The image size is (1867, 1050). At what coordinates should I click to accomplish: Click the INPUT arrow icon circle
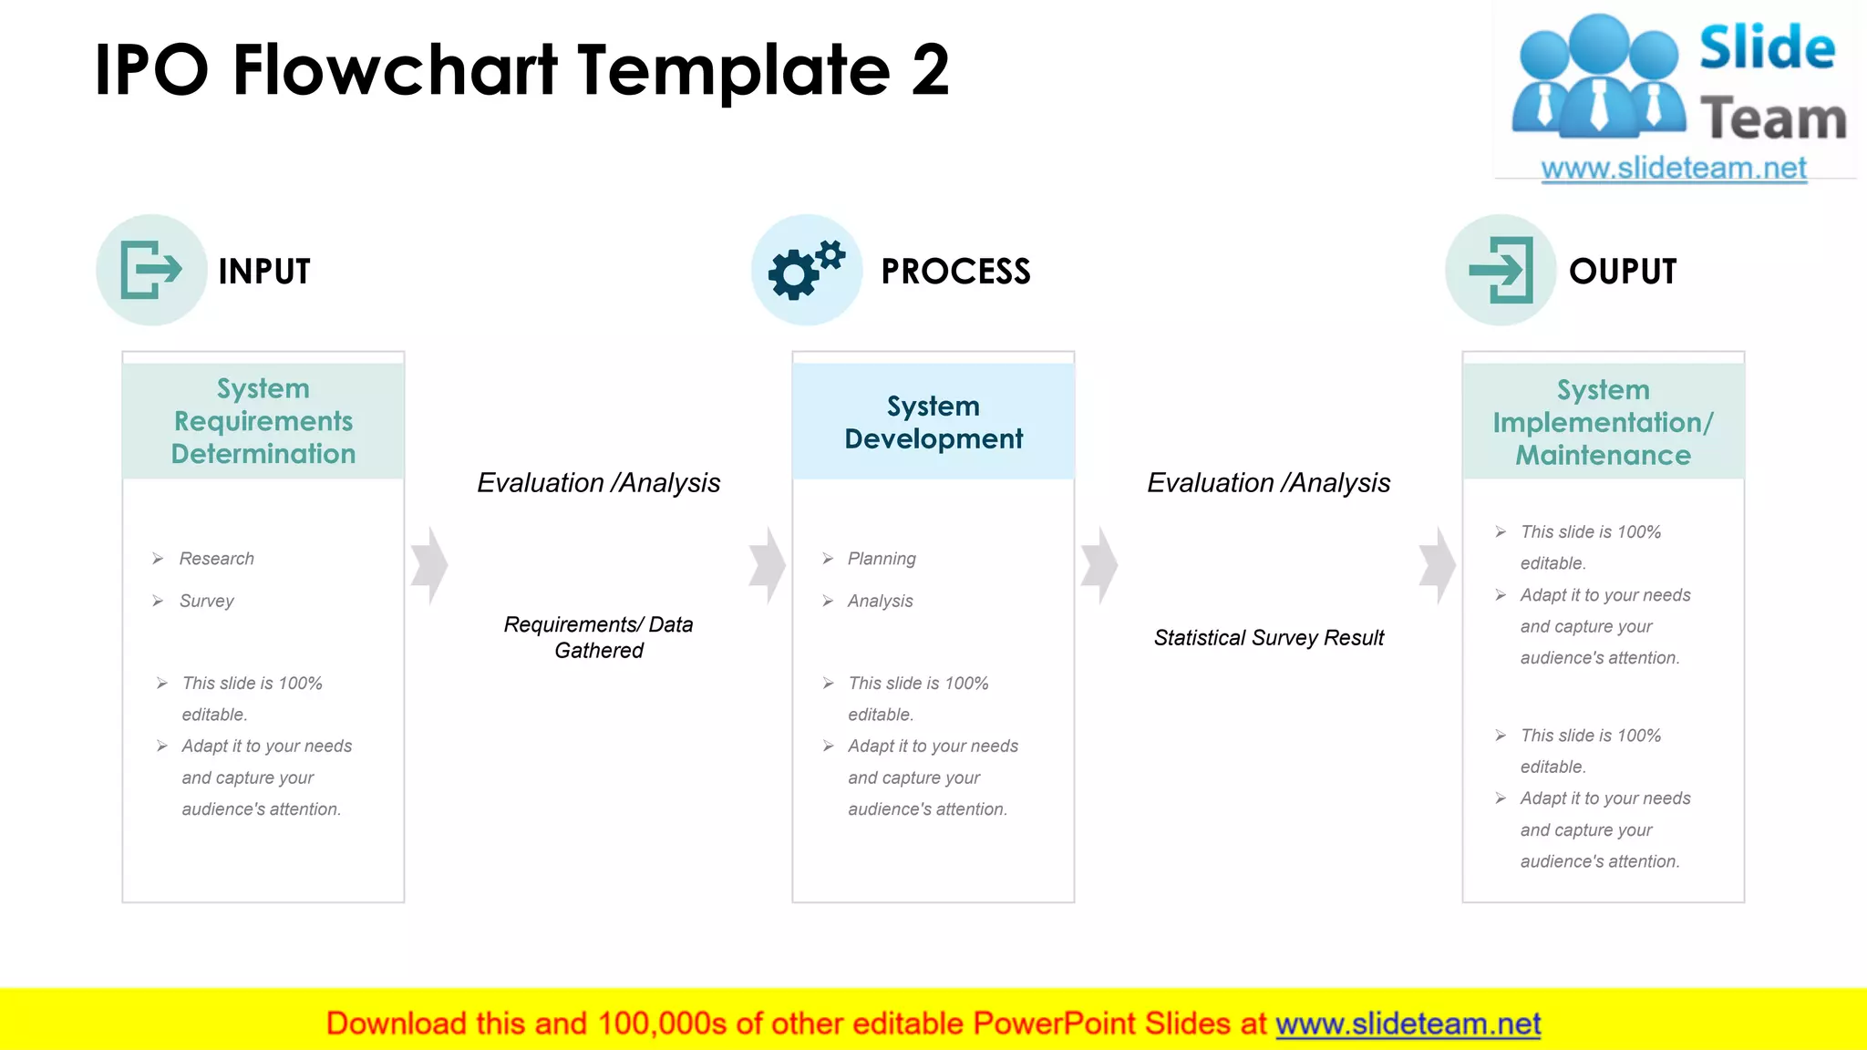(151, 270)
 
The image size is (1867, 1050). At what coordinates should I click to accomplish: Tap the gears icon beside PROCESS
(806, 270)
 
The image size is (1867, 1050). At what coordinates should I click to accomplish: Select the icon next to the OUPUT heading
(1501, 270)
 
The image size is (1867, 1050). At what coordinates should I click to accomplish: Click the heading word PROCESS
(955, 272)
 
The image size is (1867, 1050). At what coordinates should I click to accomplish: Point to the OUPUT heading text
(1623, 272)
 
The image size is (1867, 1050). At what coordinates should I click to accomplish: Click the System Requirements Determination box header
(263, 421)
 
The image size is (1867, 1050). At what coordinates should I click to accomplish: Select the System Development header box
(933, 422)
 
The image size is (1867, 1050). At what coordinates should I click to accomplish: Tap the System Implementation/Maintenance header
(1603, 422)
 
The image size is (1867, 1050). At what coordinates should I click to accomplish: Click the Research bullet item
(216, 559)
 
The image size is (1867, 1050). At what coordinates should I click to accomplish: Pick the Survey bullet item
(206, 601)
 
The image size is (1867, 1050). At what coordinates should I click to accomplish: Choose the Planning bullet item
(881, 559)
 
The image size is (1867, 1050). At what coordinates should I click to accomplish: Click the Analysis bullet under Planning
(880, 601)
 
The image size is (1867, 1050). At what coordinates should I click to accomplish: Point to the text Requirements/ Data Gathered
(599, 637)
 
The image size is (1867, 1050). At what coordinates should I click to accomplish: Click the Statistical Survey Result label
(1268, 638)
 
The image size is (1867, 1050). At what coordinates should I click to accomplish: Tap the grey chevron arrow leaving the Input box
(428, 565)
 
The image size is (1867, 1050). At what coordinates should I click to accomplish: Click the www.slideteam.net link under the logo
(1673, 169)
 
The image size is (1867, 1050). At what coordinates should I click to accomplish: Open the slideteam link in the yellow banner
(1408, 1024)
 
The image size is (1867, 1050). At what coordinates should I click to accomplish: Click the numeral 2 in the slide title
(930, 71)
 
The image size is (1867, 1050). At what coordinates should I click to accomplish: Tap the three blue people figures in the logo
(1598, 77)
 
